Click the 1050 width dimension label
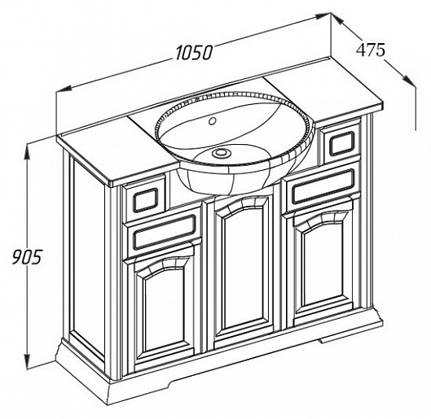click(x=194, y=52)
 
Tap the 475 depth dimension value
click(x=371, y=50)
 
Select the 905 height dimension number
click(x=27, y=257)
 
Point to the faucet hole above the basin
click(x=212, y=121)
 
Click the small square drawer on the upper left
click(x=145, y=199)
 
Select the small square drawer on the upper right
click(x=341, y=143)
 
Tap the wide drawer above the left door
click(x=164, y=233)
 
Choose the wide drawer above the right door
click(x=323, y=186)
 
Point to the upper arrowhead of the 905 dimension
click(x=27, y=153)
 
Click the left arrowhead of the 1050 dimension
click(x=64, y=89)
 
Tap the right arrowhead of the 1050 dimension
click(x=323, y=16)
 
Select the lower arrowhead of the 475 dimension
click(x=410, y=80)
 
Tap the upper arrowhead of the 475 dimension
click(x=336, y=19)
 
